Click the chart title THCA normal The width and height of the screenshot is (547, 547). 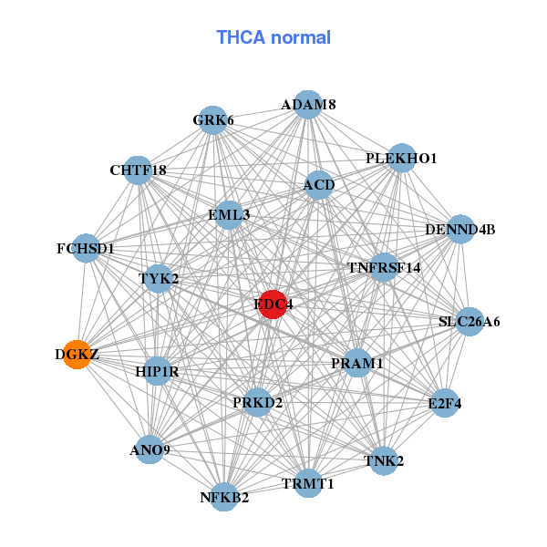273,37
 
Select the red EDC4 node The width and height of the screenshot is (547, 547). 273,304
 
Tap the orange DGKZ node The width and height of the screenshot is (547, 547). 78,354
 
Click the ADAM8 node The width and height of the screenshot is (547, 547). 308,105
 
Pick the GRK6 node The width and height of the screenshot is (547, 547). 212,120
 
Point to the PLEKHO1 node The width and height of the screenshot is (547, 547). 401,159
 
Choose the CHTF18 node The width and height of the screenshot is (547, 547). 138,170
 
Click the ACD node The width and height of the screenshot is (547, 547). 319,185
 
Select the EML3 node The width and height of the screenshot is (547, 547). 229,215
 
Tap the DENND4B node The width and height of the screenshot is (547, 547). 460,229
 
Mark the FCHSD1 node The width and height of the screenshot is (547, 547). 86,248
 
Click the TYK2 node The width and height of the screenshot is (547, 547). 159,278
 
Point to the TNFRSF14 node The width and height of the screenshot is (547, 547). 384,268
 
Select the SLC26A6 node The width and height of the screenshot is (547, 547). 469,321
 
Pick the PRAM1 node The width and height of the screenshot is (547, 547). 356,363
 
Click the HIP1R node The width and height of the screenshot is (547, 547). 157,371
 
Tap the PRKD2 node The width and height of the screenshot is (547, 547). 258,401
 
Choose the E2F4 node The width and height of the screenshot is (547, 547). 444,403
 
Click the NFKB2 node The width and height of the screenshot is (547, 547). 224,497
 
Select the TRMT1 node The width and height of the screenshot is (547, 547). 308,483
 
